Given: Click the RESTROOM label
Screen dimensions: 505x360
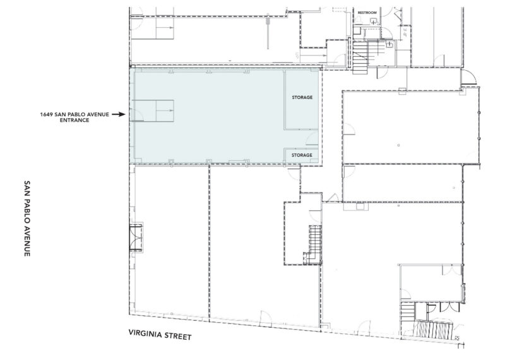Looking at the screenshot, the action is click(x=367, y=13).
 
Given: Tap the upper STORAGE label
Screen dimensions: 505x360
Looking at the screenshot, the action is click(x=302, y=97).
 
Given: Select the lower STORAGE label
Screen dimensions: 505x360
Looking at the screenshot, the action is click(x=302, y=155).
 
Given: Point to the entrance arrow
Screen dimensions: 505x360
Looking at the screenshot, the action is click(x=119, y=114).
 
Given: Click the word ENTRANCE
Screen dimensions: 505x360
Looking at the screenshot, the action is click(x=74, y=120).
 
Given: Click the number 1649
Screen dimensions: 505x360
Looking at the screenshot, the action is click(x=47, y=114).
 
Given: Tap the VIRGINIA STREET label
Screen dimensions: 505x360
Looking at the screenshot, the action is click(x=160, y=335).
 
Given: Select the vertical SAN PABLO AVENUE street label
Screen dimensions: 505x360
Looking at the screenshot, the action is click(x=27, y=218).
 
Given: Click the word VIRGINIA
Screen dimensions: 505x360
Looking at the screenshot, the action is click(x=145, y=333).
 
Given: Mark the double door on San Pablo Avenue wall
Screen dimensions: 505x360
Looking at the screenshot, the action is click(x=136, y=239).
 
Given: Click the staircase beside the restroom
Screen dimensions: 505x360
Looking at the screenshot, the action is click(x=360, y=56).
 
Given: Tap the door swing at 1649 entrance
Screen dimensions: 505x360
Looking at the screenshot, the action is click(x=136, y=115).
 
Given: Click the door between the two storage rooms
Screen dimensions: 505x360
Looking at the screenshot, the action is click(x=312, y=138).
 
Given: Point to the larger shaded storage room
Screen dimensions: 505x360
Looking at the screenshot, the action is click(x=302, y=100).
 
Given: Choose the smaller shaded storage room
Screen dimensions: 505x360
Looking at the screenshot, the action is click(x=302, y=155).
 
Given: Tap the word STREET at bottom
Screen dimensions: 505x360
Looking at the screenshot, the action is click(x=178, y=336).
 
